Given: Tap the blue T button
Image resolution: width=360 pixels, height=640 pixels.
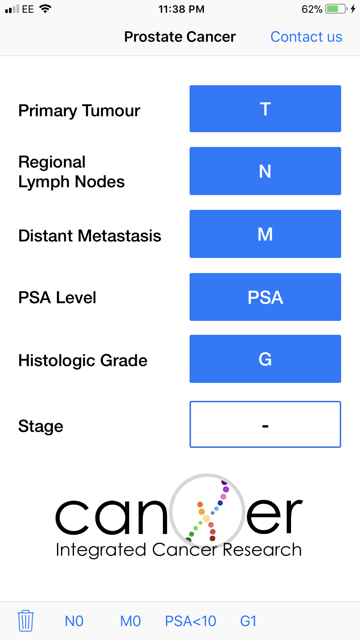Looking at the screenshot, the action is tap(265, 109).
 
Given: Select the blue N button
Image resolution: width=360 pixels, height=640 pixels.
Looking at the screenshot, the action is tap(265, 171).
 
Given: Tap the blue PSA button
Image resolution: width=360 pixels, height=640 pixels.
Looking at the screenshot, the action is tap(265, 297).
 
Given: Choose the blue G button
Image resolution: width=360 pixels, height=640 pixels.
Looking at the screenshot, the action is tap(265, 359).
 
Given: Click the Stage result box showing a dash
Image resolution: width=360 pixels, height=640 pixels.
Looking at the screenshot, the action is tap(265, 424).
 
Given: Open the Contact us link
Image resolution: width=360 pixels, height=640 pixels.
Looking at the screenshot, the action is tap(306, 37).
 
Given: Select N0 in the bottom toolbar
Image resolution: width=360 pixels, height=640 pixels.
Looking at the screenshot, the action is tap(74, 621).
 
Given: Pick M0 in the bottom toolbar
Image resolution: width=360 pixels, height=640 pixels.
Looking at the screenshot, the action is tap(130, 621).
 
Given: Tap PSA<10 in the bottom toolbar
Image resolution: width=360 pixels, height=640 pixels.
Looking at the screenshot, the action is tap(190, 621).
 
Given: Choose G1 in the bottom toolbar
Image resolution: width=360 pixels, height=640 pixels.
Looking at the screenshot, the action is tap(248, 621).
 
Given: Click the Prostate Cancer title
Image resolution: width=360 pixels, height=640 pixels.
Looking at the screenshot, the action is tap(180, 37).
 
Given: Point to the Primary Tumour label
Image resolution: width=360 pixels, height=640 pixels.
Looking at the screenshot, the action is tap(79, 111).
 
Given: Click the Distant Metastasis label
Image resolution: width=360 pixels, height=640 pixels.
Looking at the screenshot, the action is tap(90, 236).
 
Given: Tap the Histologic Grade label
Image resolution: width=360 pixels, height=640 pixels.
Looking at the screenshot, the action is tap(83, 361).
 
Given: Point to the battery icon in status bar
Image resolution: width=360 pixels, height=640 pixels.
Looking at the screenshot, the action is tap(336, 9).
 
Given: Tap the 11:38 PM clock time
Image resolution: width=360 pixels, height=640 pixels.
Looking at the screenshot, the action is tap(181, 9).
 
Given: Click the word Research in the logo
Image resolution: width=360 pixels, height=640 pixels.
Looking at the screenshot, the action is tap(262, 550).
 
